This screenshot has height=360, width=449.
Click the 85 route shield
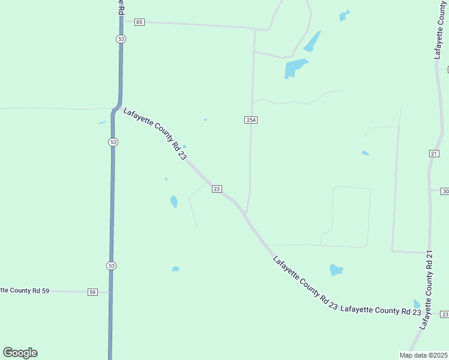(139, 22)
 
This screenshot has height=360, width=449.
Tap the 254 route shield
(251, 120)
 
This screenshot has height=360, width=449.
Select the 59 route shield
(92, 292)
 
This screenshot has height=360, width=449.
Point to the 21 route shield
(434, 154)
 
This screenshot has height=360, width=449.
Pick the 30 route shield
(445, 191)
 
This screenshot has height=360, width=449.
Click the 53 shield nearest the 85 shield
(121, 38)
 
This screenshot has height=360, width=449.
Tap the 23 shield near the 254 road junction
(217, 189)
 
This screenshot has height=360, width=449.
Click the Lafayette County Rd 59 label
(24, 290)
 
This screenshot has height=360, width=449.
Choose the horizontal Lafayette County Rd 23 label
(381, 311)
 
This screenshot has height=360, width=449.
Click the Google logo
(20, 353)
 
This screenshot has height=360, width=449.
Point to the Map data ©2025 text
(424, 355)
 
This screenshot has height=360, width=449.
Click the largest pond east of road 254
(295, 68)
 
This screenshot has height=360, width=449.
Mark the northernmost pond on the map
(343, 16)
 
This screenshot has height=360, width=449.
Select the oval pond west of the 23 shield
(174, 202)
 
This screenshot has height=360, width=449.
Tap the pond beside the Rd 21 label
(417, 304)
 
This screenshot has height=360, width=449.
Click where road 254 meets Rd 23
(246, 214)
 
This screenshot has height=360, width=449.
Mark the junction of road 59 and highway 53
(110, 293)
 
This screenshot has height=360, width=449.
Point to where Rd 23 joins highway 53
(116, 108)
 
